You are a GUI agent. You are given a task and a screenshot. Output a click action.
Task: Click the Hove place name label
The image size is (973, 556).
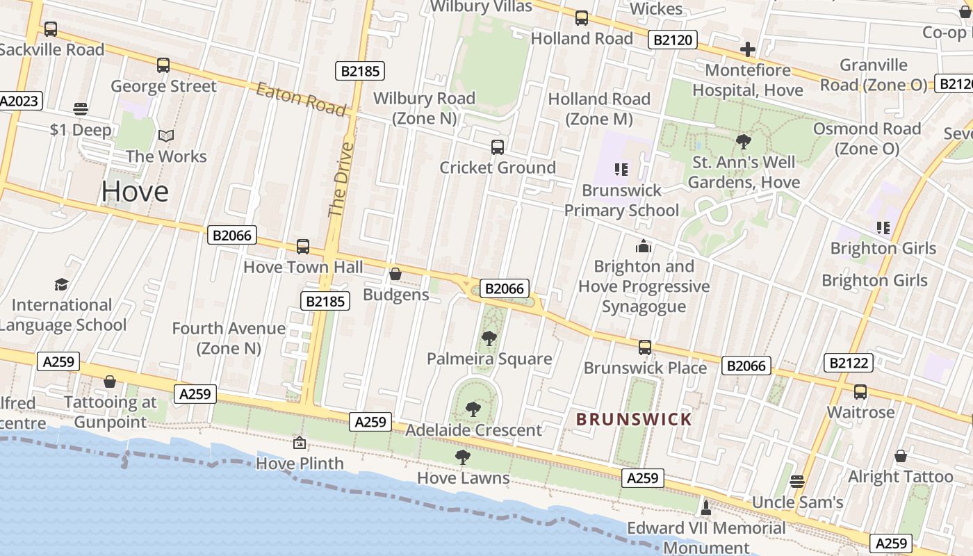(135, 192)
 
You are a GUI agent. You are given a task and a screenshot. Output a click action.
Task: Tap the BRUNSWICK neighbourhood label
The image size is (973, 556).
(634, 419)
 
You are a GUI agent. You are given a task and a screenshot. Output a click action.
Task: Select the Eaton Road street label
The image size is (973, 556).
(300, 99)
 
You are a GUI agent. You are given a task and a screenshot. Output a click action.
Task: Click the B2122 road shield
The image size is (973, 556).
(848, 362)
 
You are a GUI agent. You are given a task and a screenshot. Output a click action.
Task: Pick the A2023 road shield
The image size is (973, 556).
(20, 101)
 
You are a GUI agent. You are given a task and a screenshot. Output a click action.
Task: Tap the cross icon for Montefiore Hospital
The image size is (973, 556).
(747, 49)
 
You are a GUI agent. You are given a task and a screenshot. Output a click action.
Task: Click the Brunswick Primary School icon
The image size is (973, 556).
(621, 169)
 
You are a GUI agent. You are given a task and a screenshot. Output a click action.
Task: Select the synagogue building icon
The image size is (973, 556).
(644, 246)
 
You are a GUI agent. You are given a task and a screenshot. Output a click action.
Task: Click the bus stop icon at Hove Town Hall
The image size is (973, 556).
(303, 246)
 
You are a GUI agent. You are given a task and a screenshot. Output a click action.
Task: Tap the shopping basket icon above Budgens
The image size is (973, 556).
(395, 274)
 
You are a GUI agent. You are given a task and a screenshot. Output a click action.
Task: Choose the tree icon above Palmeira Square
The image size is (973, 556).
(489, 338)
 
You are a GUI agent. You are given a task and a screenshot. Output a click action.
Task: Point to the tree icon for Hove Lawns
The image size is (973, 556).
(462, 457)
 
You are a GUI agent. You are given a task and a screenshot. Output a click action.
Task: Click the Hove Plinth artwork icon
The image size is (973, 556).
(300, 442)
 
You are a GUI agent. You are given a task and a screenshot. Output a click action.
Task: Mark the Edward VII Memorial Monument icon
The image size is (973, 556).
(706, 507)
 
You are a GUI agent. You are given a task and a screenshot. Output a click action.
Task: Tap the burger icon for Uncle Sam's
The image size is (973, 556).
(797, 481)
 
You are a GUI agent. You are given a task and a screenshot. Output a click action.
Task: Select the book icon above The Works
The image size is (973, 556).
(165, 136)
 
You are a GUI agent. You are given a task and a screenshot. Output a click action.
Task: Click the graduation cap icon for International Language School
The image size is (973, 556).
(61, 284)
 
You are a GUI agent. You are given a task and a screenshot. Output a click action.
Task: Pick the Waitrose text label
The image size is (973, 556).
(860, 412)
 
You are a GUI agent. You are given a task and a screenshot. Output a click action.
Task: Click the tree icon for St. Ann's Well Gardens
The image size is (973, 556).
(743, 142)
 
